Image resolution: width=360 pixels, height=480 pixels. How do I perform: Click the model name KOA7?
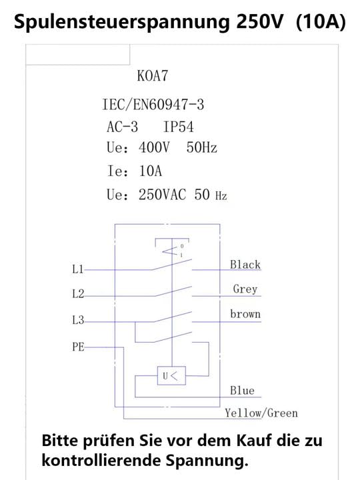click(x=153, y=75)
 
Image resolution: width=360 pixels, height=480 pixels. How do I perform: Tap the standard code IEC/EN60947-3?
click(x=153, y=105)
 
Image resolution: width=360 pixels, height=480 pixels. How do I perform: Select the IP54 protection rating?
click(x=178, y=127)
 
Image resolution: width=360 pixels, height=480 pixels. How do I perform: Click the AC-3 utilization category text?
click(x=122, y=127)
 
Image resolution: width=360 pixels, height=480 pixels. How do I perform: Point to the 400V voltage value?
click(x=154, y=147)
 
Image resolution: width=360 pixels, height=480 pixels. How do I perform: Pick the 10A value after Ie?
click(x=150, y=171)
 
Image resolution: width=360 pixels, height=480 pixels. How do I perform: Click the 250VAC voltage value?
click(x=162, y=195)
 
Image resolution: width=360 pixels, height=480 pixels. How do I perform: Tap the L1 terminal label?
click(x=78, y=269)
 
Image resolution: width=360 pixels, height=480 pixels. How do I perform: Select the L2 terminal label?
click(x=78, y=294)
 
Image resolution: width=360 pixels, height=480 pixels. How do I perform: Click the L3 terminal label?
click(x=78, y=320)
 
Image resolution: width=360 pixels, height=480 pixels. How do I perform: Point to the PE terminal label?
click(x=78, y=347)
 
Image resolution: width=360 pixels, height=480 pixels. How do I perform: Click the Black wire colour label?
click(x=245, y=265)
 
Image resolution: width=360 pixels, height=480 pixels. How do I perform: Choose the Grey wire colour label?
click(x=245, y=289)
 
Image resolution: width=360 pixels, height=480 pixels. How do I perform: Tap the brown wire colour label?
click(x=245, y=314)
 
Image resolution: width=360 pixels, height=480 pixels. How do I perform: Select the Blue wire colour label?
click(x=242, y=391)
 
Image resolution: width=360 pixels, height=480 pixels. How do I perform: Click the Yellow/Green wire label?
click(x=261, y=413)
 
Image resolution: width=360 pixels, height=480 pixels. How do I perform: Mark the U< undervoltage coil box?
click(x=171, y=375)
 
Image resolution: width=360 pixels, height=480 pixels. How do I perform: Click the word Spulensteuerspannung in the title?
click(x=121, y=23)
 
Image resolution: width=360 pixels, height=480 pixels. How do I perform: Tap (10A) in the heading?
click(x=321, y=22)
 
